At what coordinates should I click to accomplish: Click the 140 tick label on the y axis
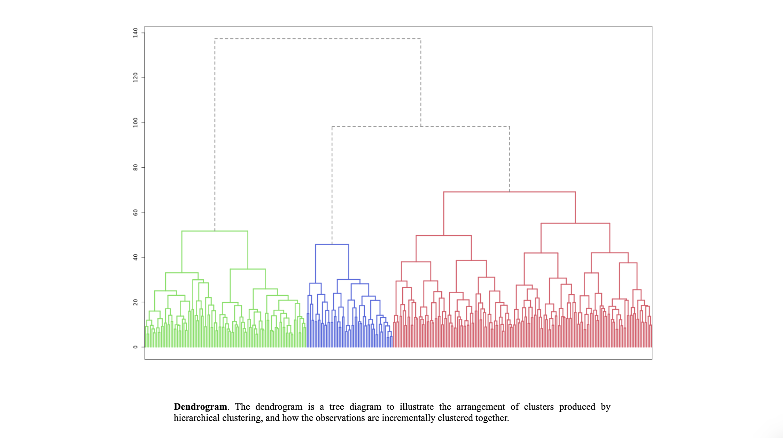135,33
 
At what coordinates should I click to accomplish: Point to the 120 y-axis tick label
135,77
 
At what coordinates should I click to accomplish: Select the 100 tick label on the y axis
135,122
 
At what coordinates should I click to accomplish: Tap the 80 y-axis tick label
135,167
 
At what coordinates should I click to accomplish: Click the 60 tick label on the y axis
135,212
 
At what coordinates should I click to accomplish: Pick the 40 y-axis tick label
135,257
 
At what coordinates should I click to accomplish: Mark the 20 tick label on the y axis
135,302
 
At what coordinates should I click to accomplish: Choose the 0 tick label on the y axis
135,347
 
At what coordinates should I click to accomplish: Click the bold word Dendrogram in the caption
200,407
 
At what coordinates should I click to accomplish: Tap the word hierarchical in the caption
197,418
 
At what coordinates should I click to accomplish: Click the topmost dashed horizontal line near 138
318,39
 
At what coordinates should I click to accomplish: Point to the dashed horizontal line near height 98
421,127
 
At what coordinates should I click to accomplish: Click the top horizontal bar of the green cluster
215,231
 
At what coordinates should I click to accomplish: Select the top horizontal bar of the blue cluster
332,244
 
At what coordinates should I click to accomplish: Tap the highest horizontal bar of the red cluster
509,192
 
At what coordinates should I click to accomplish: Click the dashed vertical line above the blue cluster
332,185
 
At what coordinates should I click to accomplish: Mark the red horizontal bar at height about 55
575,223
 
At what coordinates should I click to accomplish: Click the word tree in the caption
336,407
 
